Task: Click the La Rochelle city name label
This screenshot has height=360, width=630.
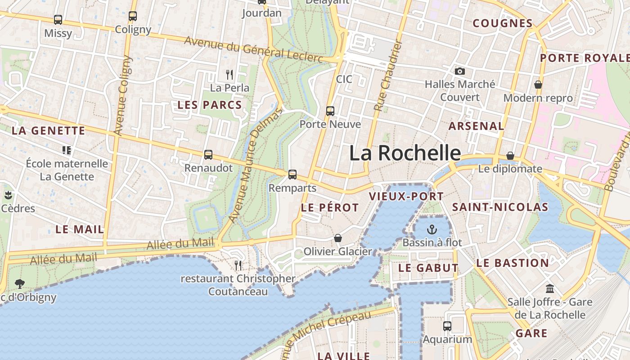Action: [x=405, y=153]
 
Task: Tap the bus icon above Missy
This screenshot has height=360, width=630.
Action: [x=58, y=20]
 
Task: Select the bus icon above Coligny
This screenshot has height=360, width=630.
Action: [x=133, y=16]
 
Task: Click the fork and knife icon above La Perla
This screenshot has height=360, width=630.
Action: [x=230, y=74]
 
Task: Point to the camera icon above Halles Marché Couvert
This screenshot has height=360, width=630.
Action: [x=459, y=71]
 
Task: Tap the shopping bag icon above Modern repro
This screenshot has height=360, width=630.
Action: [x=538, y=85]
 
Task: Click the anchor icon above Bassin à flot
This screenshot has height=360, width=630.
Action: [x=432, y=229]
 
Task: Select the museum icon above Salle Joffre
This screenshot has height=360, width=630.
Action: [x=549, y=288]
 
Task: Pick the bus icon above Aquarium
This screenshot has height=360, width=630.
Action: [x=447, y=326]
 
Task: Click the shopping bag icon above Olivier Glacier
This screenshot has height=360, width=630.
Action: [x=337, y=238]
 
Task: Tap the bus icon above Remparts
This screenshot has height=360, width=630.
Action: [x=292, y=174]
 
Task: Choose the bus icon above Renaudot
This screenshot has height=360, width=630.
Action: [x=208, y=155]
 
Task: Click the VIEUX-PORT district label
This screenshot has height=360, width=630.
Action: [x=406, y=196]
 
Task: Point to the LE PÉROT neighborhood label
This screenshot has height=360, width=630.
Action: [x=330, y=207]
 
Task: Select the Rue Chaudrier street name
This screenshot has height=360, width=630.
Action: [x=387, y=76]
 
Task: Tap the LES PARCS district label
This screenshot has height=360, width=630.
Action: [x=210, y=105]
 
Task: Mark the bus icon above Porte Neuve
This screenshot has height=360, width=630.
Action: [x=330, y=111]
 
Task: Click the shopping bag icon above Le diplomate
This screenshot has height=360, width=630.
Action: [x=510, y=156]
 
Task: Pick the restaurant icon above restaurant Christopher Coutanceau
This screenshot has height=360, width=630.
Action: [x=238, y=265]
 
